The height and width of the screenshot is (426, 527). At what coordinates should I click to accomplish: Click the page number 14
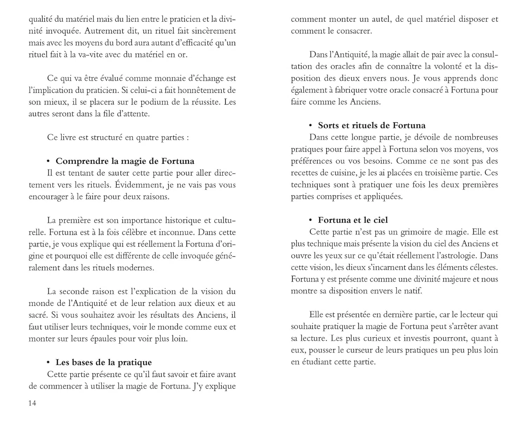[32, 403]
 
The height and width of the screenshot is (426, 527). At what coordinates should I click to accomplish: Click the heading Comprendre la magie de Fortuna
[125, 161]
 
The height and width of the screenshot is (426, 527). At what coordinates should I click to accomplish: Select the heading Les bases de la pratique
[104, 362]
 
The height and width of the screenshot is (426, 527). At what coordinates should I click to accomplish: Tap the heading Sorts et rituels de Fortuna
[372, 125]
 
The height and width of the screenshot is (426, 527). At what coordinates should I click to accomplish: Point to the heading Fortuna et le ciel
[353, 220]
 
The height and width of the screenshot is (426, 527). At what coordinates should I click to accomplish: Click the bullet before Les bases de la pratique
[48, 362]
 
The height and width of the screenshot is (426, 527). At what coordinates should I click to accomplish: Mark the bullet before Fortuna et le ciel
[310, 220]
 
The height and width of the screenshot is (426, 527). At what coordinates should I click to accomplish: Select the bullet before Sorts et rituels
[310, 125]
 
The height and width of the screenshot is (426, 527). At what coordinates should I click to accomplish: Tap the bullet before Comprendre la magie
[48, 161]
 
